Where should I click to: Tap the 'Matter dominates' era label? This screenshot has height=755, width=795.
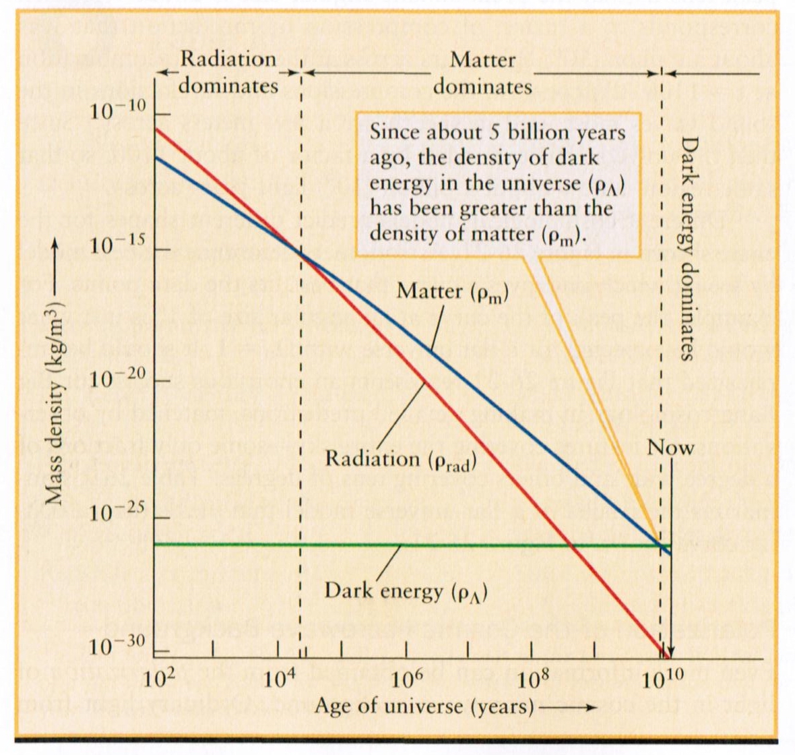coord(482,72)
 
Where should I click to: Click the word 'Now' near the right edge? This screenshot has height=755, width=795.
coord(670,448)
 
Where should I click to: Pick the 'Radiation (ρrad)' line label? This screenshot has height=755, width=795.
coord(401,459)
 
